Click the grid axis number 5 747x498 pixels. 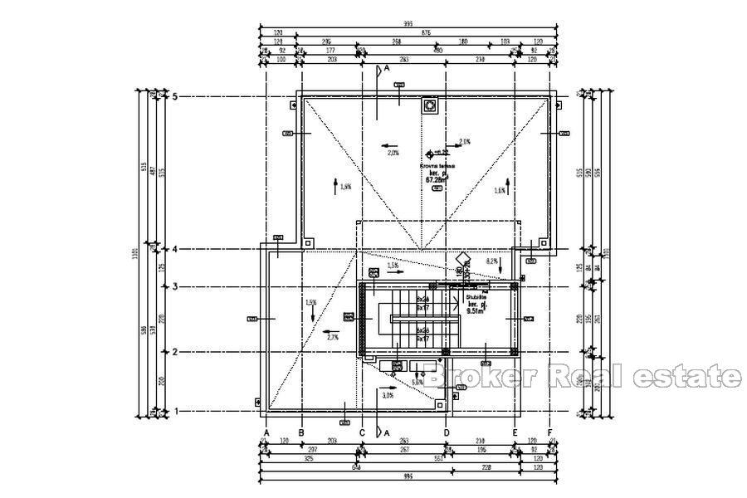175,97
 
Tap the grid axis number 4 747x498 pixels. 175,249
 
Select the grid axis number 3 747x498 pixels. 175,287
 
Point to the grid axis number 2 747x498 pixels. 175,352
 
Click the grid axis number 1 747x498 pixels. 175,411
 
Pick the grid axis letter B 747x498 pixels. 301,432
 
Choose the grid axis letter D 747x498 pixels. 446,432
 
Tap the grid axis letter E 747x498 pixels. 515,432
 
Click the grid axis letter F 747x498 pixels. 550,432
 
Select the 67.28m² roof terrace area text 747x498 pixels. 437,179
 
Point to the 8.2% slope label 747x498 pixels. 491,261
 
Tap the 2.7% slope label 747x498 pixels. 333,338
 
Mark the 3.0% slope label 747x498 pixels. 388,396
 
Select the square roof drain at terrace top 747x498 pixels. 430,106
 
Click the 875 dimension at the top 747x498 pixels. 426,32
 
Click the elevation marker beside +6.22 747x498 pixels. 429,154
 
